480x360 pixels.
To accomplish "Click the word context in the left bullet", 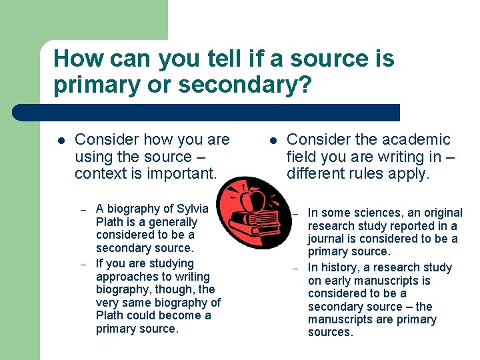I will point(99,174).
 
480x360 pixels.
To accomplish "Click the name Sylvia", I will point(191,209).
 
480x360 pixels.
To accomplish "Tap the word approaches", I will point(123,277).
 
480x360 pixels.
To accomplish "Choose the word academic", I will point(417,139).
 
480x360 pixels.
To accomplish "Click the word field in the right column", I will point(299,157).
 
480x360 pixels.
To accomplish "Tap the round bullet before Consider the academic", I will point(272,141).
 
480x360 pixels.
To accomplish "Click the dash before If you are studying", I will point(84,264).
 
